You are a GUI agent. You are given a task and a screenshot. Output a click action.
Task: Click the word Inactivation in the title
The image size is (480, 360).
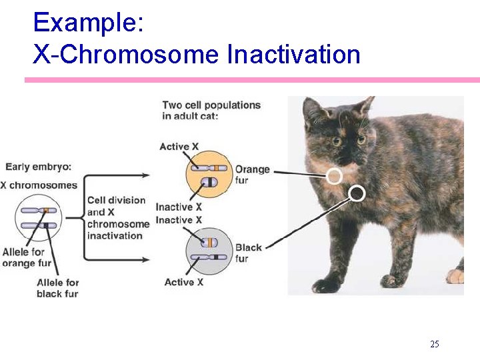coord(293,54)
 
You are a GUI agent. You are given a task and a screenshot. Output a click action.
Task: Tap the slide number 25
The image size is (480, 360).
coord(434,344)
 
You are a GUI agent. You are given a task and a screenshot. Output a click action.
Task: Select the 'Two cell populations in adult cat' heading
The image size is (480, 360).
coord(211,110)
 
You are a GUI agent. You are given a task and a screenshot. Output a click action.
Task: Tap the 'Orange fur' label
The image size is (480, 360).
coord(252,175)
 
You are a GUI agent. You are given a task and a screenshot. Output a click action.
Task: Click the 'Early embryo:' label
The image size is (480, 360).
coord(39,167)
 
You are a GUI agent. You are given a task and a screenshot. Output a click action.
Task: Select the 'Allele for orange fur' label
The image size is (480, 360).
coord(27,257)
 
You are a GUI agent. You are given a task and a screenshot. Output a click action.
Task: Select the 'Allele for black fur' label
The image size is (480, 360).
coord(57,288)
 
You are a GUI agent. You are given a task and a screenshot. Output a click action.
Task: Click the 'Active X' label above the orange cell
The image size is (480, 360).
coord(179,147)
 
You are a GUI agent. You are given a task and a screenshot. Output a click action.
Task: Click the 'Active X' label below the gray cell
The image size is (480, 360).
coord(183,282)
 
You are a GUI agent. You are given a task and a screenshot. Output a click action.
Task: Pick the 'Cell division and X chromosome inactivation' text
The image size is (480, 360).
coord(117,217)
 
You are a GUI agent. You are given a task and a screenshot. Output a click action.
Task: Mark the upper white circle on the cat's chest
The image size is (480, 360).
coord(335,175)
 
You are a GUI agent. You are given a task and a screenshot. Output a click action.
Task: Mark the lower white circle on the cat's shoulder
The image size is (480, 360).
coord(357,193)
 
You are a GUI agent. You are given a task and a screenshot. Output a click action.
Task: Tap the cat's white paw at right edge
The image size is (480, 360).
coord(456,275)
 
